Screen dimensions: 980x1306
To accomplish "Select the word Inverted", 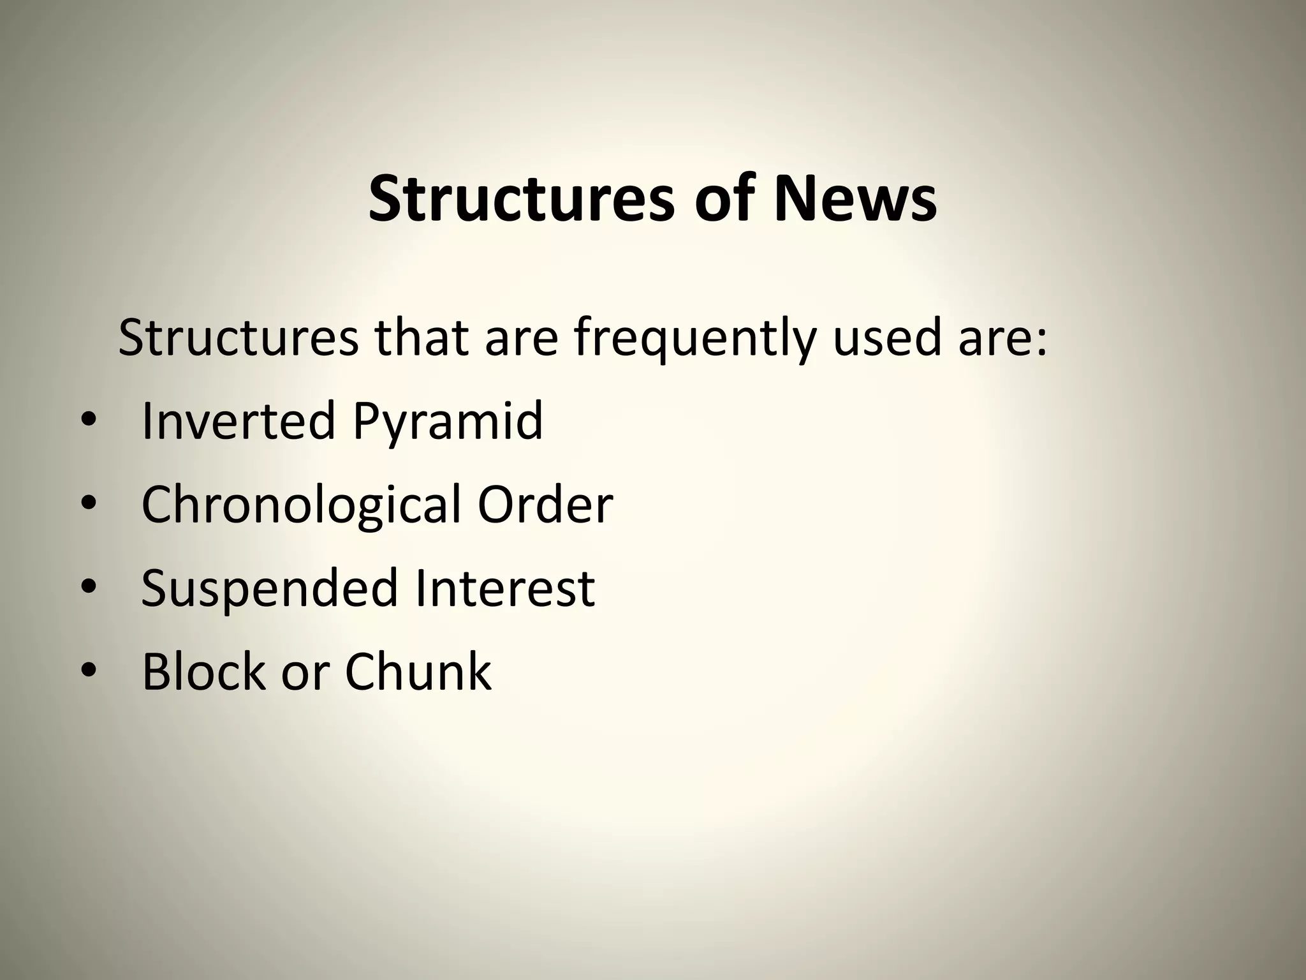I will [238, 420].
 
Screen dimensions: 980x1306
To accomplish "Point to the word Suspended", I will [268, 589].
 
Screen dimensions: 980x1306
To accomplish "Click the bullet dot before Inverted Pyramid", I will [89, 422].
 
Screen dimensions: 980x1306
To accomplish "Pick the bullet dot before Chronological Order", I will [89, 505].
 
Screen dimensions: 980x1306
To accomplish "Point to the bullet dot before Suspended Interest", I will [89, 588].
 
